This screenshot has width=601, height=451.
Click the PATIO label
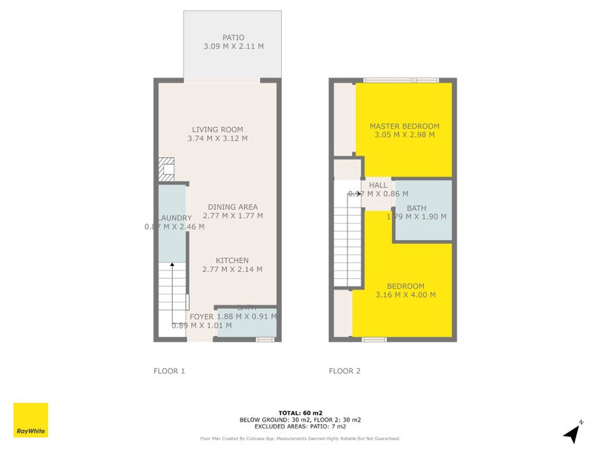pyautogui.click(x=233, y=37)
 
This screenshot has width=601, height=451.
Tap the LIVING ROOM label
pyautogui.click(x=217, y=129)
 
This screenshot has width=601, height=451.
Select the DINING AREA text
pyautogui.click(x=233, y=207)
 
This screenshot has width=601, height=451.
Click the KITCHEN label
pyautogui.click(x=233, y=260)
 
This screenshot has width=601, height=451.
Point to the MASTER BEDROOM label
pyautogui.click(x=404, y=126)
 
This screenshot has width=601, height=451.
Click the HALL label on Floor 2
pyautogui.click(x=378, y=185)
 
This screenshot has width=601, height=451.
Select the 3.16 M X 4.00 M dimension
pyautogui.click(x=406, y=295)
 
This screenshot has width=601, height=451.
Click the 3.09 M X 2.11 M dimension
pyautogui.click(x=233, y=46)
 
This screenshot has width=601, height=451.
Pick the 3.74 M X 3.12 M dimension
pyautogui.click(x=217, y=138)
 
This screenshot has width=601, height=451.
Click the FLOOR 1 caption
pyautogui.click(x=169, y=371)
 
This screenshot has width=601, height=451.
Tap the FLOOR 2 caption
pyautogui.click(x=345, y=371)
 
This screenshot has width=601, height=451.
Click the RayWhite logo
pyautogui.click(x=31, y=420)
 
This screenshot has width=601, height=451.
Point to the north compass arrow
pyautogui.click(x=573, y=431)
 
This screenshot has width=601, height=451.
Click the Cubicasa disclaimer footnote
pyautogui.click(x=300, y=438)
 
